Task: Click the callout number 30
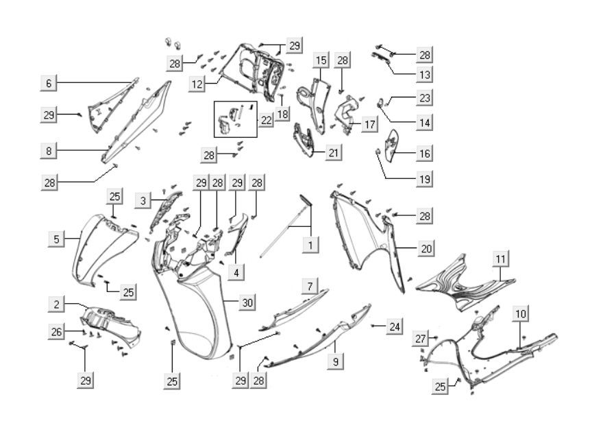(247, 302)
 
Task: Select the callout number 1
(310, 245)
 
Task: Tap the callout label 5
(57, 239)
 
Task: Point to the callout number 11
(502, 259)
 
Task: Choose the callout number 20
(426, 248)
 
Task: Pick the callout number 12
(197, 84)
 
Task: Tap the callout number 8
(48, 150)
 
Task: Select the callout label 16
(425, 154)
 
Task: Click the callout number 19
(425, 180)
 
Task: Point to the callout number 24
(394, 326)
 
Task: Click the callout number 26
(57, 332)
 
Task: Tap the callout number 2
(57, 304)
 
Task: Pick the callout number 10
(521, 314)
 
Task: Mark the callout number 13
(425, 74)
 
